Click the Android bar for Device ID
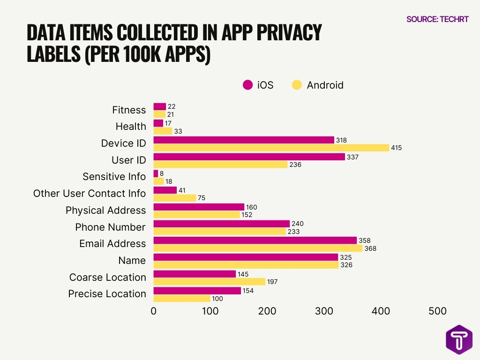271,148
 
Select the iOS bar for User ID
249,157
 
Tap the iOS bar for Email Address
255,240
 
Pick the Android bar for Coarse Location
209,281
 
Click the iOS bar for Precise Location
197,291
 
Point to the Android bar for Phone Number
219,231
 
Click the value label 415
397,148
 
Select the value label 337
352,157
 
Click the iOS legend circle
247,85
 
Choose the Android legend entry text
325,85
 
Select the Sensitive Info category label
114,177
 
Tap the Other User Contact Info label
89,193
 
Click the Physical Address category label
105,210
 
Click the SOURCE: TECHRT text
437,19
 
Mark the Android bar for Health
163,131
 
